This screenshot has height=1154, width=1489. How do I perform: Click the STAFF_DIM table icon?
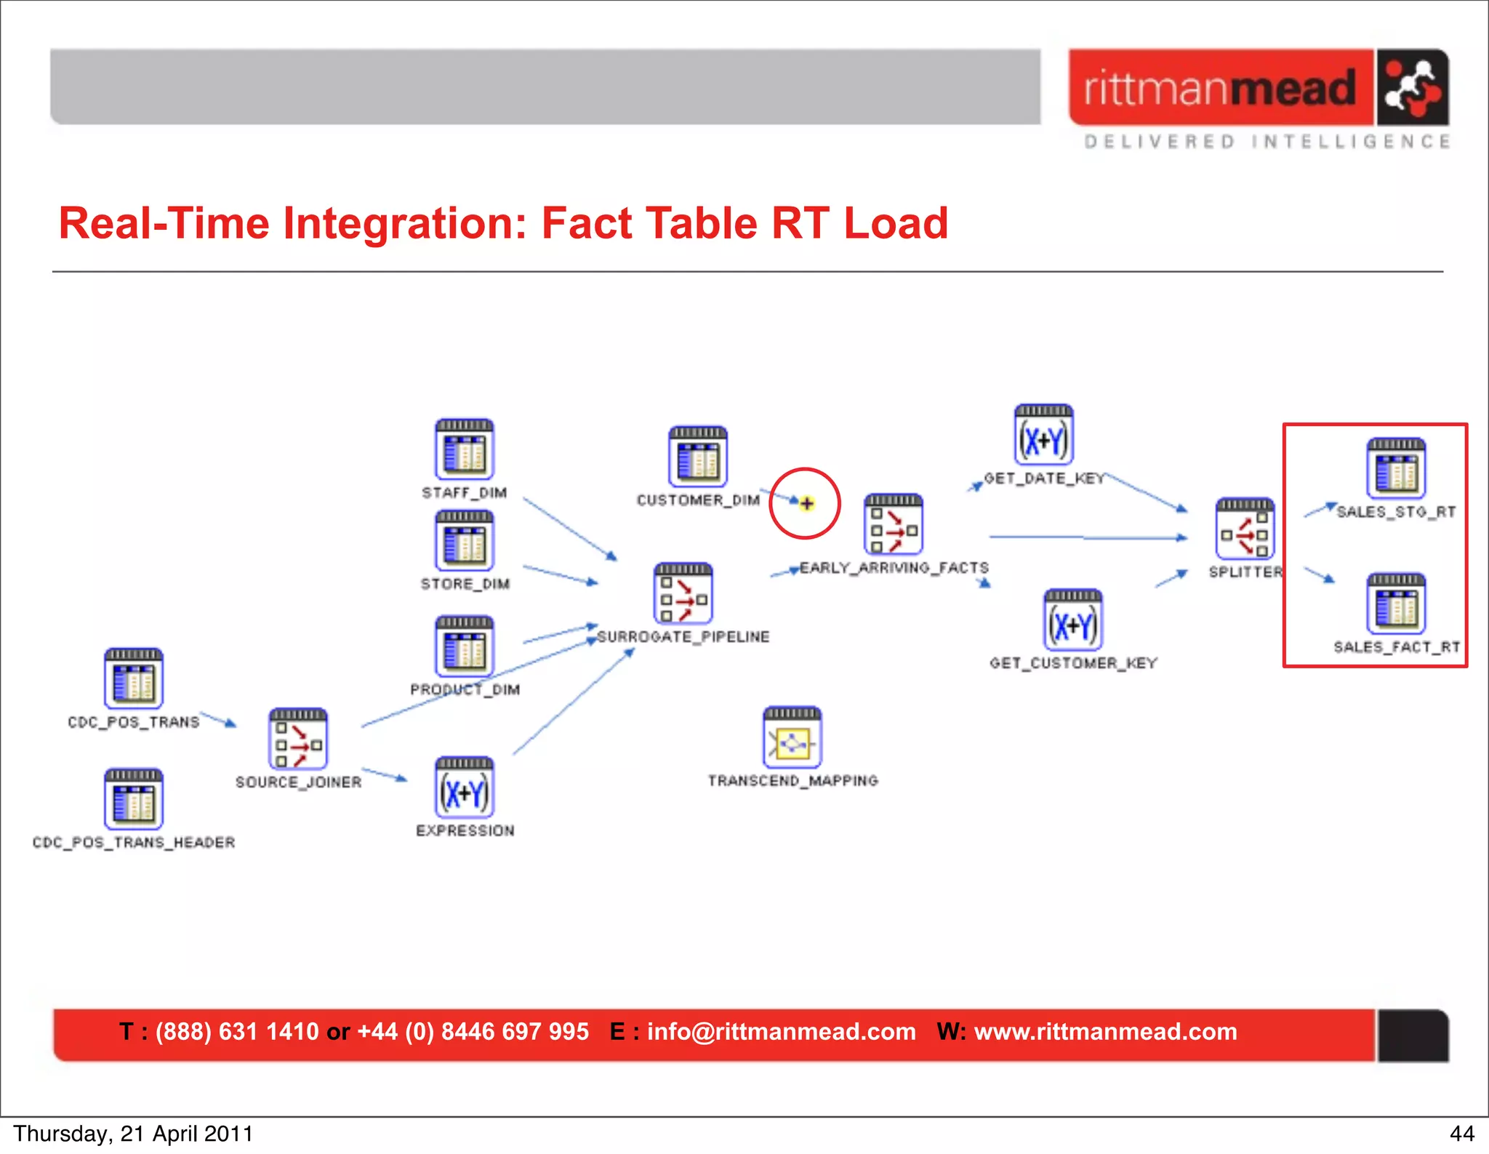click(465, 449)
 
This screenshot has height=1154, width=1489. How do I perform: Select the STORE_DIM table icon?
click(465, 540)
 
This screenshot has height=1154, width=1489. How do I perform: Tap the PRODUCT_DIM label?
click(465, 689)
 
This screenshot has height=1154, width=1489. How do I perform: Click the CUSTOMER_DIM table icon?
click(698, 457)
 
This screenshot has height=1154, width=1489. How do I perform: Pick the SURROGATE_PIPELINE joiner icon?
click(683, 593)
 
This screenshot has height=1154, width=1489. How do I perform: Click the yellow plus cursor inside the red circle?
click(806, 503)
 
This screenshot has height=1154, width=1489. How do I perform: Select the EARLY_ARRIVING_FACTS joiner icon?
click(894, 524)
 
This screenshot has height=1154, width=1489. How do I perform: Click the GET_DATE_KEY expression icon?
click(1043, 435)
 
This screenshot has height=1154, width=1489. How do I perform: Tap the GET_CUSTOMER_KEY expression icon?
click(1073, 620)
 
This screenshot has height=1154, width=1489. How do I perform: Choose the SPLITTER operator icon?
click(1245, 529)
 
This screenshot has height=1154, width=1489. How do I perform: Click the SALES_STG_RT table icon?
click(1396, 468)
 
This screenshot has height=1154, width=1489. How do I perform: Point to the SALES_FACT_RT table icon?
click(1396, 604)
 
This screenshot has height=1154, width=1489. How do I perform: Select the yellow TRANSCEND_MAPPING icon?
click(792, 737)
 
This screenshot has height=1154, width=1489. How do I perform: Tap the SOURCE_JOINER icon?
click(298, 739)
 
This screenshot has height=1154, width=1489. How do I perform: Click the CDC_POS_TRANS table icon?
click(133, 679)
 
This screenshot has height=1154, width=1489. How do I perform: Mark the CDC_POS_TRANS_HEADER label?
click(134, 842)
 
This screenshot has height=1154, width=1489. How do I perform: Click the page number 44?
click(1461, 1134)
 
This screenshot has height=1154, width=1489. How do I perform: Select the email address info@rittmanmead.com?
click(781, 1032)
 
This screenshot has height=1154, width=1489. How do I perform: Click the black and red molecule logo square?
click(1411, 88)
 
